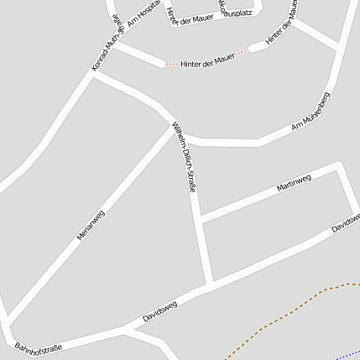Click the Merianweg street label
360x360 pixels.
(91, 225)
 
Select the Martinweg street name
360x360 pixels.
(294, 183)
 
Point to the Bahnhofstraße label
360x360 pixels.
(39, 347)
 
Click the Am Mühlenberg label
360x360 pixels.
(310, 112)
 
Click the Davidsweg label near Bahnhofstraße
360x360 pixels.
(159, 313)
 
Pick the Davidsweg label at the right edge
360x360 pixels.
(346, 222)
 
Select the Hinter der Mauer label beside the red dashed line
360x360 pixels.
(206, 60)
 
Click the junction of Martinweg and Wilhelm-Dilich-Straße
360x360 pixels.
(200, 221)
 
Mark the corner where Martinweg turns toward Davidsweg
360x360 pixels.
(339, 165)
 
